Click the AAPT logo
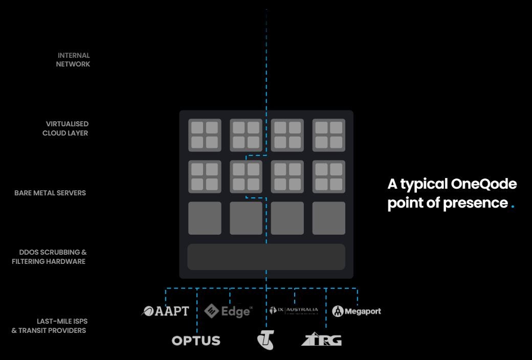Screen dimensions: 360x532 point(165,311)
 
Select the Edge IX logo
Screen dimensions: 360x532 point(229,311)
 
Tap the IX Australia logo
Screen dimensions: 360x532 point(294,310)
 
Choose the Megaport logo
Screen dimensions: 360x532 point(357,311)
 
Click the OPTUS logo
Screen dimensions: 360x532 point(196,341)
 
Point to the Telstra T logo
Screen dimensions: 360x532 point(265,340)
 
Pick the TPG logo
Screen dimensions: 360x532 point(322,340)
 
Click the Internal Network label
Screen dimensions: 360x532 point(74,60)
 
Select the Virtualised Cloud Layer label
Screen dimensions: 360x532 point(65,128)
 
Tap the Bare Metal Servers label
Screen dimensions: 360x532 point(50,193)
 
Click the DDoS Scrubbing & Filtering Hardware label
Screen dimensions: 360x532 point(50,257)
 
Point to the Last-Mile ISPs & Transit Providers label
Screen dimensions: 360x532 point(49,326)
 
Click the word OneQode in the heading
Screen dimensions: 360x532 point(484,184)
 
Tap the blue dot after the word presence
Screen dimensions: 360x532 point(513,207)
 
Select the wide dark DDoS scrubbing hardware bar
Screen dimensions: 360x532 point(266,257)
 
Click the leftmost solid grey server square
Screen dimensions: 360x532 point(205,218)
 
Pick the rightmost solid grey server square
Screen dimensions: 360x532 point(329,218)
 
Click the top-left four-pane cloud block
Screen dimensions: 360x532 point(205,135)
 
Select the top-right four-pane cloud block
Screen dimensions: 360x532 point(329,135)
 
